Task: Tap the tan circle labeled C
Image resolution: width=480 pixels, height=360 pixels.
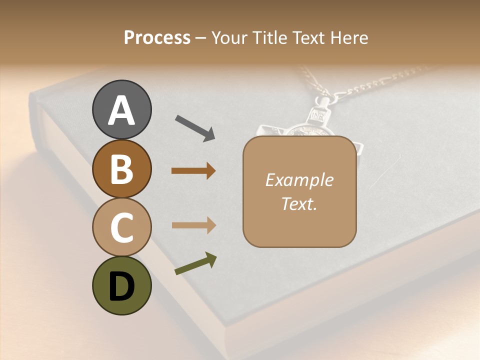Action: pyautogui.click(x=121, y=228)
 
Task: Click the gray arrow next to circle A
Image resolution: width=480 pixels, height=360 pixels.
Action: pyautogui.click(x=194, y=127)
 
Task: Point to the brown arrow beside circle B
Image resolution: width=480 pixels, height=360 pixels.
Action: pyautogui.click(x=193, y=171)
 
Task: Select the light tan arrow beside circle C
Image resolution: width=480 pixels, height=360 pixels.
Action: pyautogui.click(x=193, y=225)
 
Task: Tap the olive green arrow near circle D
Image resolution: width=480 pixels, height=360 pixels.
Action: pyautogui.click(x=195, y=264)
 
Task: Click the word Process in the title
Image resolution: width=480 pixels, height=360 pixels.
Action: pyautogui.click(x=157, y=38)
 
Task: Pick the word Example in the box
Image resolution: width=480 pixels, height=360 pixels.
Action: pyautogui.click(x=299, y=180)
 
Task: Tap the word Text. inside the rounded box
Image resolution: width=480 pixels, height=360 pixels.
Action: pyautogui.click(x=299, y=204)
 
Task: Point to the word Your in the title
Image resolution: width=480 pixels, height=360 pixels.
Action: pyautogui.click(x=229, y=38)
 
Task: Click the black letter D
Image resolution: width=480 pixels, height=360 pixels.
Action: pyautogui.click(x=121, y=287)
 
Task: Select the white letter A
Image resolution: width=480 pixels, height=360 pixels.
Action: pyautogui.click(x=121, y=111)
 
